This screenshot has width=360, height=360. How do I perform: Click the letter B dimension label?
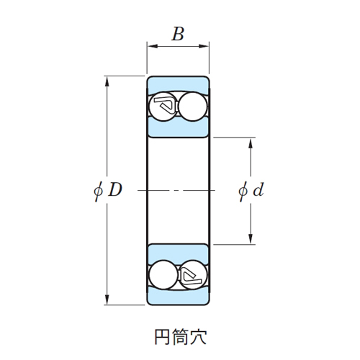point(178,34)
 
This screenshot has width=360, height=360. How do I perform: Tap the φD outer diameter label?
point(108,190)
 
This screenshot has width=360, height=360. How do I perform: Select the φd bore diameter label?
point(251,190)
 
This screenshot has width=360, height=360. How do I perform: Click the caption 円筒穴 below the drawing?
point(180,337)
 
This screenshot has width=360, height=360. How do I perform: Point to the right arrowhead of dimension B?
point(204,46)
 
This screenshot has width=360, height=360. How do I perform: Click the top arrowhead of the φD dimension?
point(107,81)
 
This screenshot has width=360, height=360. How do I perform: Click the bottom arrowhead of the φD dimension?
point(107,300)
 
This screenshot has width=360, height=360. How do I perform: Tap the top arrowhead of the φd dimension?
point(251,143)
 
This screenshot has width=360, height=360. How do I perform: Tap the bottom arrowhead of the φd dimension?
point(251,239)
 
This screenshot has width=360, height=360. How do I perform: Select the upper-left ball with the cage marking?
point(163,107)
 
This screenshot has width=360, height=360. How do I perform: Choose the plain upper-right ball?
point(193,107)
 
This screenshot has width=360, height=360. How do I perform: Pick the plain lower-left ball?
point(163,275)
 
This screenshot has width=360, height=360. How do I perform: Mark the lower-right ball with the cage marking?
point(193,275)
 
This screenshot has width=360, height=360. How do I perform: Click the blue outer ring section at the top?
point(178,84)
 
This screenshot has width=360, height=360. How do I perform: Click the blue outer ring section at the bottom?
point(178,297)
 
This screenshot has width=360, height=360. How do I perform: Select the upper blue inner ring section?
point(178,127)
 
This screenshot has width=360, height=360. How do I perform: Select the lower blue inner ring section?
point(178,254)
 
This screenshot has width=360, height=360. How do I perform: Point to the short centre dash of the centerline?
point(176,191)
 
